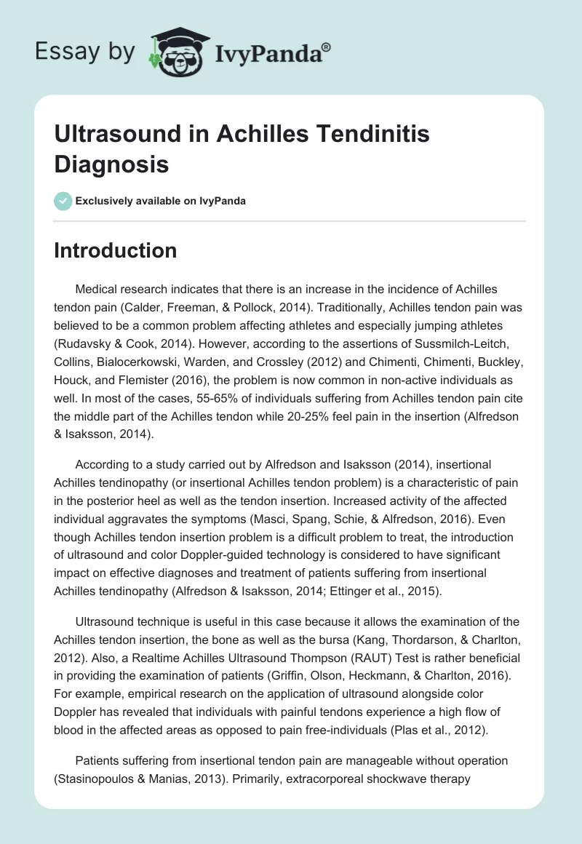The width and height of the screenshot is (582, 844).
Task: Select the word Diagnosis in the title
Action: click(x=111, y=164)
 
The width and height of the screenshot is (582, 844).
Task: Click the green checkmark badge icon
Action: click(x=63, y=201)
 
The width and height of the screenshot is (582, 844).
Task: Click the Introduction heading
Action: click(x=116, y=250)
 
